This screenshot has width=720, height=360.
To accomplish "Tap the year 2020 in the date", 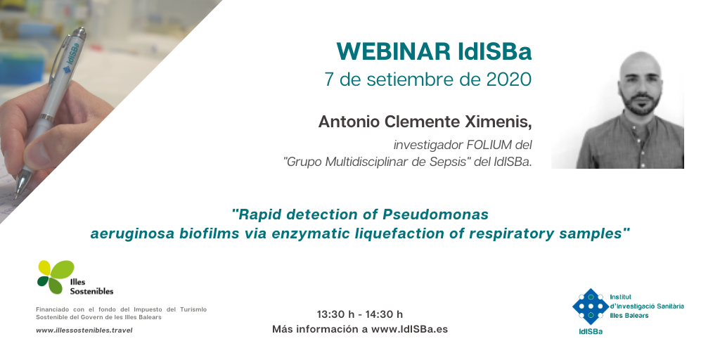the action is (509, 79).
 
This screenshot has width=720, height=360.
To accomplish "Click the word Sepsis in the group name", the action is (444, 162).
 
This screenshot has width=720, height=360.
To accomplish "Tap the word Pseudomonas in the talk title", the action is (435, 214).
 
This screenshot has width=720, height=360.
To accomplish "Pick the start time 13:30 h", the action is (335, 314).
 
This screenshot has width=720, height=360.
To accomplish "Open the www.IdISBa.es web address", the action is (410, 329).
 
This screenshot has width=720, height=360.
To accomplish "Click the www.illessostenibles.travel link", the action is (84, 330).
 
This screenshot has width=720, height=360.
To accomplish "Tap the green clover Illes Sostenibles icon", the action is (55, 277).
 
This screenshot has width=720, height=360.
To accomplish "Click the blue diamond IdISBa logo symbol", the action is (591, 306).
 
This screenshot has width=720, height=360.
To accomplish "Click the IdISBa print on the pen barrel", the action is (72, 58).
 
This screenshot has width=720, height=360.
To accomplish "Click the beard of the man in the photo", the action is (640, 104).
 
